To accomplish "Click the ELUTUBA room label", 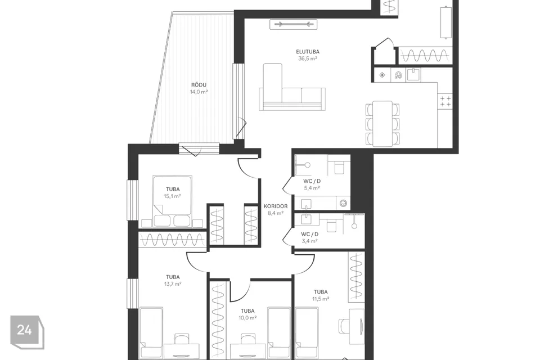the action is [x=308, y=52].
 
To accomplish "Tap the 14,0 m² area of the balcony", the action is [x=199, y=92].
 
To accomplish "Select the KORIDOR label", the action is [x=276, y=206].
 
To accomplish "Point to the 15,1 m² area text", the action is [x=173, y=196].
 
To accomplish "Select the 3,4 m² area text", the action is [x=309, y=241].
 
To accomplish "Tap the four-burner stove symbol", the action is [x=445, y=101].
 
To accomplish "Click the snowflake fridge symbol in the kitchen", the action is [x=382, y=75].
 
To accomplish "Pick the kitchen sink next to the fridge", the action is [x=413, y=74].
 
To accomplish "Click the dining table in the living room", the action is [x=382, y=123].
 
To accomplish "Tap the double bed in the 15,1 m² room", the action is [x=172, y=201].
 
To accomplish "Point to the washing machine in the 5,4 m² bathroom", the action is [x=343, y=204].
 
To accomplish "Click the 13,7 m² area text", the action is [x=173, y=284].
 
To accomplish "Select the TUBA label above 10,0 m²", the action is [x=247, y=311].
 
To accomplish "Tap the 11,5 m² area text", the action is [x=321, y=299].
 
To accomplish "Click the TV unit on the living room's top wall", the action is [x=294, y=24].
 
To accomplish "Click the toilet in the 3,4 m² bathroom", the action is [x=332, y=226].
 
